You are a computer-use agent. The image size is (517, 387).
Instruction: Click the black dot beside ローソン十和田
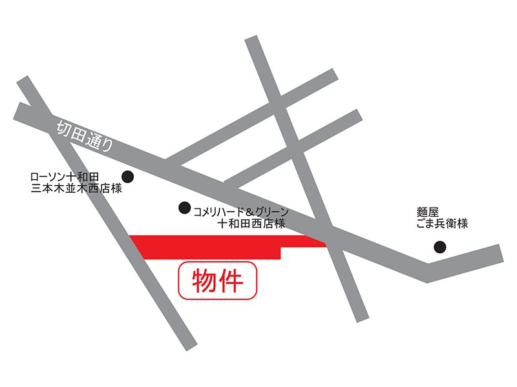coord(128,175)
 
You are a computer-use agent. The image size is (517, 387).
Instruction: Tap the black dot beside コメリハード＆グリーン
coord(184,208)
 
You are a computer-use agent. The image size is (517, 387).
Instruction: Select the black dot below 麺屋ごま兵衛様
coord(439,246)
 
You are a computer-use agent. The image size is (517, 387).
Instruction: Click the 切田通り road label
coord(83,135)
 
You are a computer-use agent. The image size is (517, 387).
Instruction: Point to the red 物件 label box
coord(218,281)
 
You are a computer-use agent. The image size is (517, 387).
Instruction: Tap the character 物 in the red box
coord(204,281)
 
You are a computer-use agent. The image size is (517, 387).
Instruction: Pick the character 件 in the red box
coord(231,281)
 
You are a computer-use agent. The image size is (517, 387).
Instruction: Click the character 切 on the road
coord(61,126)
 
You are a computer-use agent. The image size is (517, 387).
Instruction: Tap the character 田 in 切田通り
coord(76,132)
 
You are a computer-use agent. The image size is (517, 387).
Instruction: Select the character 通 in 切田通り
coord(92,139)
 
